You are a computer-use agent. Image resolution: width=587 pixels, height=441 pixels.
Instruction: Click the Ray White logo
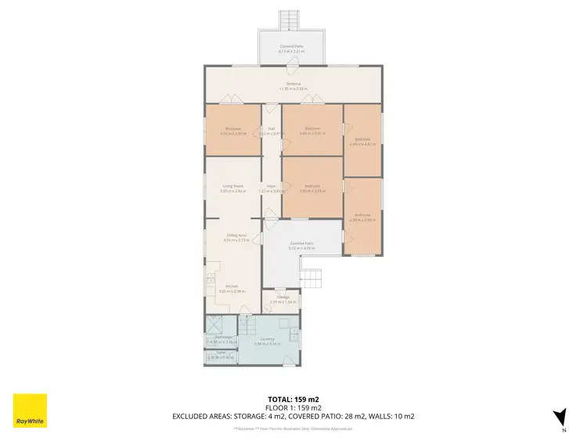pyautogui.click(x=30, y=410)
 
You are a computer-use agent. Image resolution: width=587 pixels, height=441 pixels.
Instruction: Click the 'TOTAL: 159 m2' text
pyautogui.click(x=293, y=399)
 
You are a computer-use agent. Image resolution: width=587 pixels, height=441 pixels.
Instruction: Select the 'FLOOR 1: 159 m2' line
pyautogui.click(x=293, y=407)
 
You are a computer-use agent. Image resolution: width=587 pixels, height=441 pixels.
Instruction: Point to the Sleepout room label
pyautogui.click(x=293, y=85)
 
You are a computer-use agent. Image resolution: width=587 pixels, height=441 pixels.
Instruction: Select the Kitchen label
pyautogui.click(x=232, y=287)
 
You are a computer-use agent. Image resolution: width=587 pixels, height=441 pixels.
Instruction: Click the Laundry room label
pyautogui.click(x=267, y=340)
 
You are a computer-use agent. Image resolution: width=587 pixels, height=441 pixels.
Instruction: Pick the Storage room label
pyautogui.click(x=280, y=298)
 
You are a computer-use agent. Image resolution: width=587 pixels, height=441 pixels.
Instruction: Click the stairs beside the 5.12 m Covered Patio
pyautogui.click(x=312, y=277)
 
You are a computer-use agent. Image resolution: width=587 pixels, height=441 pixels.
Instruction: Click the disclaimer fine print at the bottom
pyautogui.click(x=293, y=428)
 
